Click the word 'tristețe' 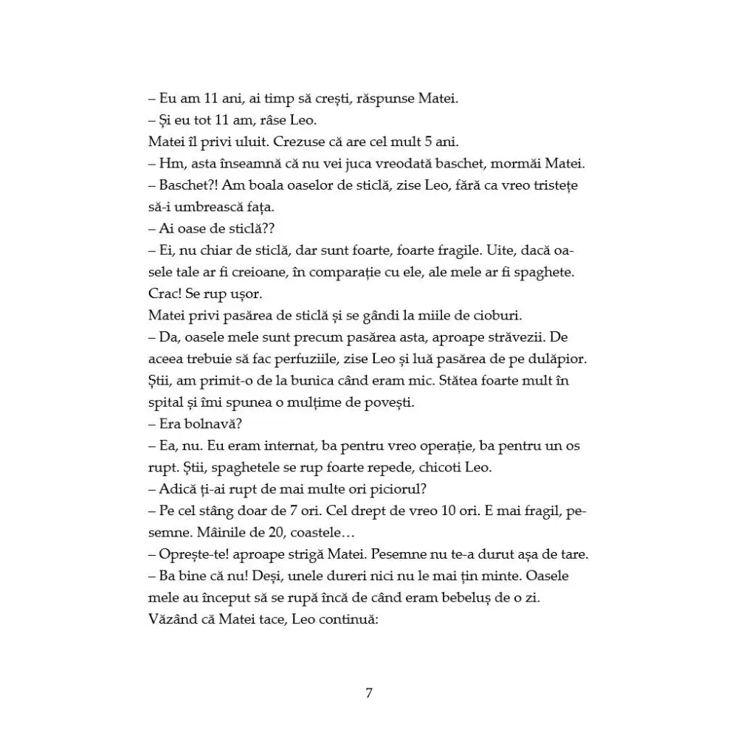coord(549,185)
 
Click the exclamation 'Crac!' coord(165,293)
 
